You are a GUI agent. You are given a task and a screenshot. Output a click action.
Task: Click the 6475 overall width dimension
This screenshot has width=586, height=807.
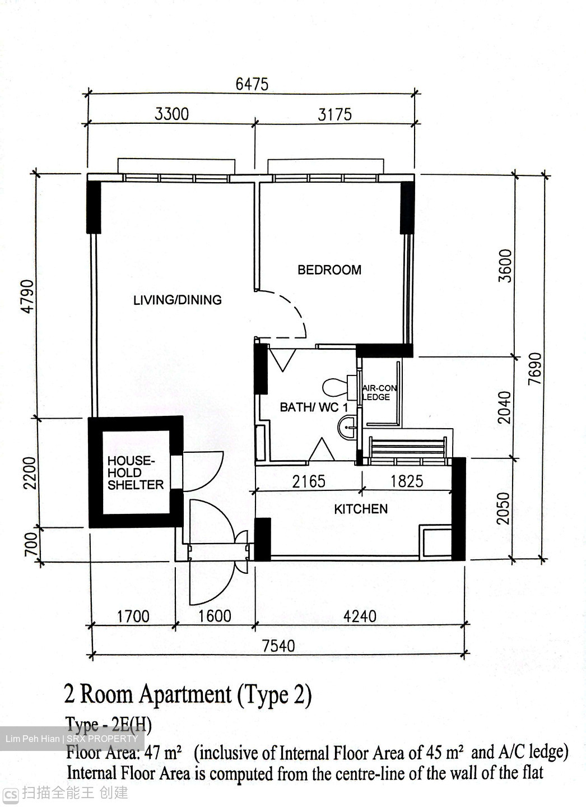[x=252, y=84]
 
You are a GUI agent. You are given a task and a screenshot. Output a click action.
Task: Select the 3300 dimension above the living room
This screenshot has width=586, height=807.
[x=171, y=114]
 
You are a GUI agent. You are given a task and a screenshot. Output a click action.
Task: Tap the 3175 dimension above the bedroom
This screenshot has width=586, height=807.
[x=334, y=114]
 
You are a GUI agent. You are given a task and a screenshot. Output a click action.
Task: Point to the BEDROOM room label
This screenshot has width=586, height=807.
[x=329, y=270]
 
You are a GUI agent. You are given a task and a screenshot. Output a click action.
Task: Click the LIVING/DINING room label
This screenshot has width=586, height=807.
[x=177, y=300]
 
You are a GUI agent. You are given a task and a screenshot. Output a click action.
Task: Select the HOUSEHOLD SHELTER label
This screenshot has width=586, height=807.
[x=135, y=472]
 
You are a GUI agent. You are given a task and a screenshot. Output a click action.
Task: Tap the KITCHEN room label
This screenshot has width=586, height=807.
[x=361, y=509]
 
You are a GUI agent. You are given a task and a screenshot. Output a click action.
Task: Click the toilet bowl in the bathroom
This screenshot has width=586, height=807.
[x=336, y=387]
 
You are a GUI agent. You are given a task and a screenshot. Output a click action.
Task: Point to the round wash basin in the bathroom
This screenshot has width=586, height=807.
[x=347, y=429]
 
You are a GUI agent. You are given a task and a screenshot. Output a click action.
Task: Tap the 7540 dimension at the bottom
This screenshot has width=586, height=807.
[x=278, y=646]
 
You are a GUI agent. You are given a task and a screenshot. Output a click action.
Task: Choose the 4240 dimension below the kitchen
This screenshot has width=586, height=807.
[x=359, y=616]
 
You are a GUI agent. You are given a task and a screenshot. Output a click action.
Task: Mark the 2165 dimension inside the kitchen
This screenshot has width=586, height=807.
[x=308, y=481]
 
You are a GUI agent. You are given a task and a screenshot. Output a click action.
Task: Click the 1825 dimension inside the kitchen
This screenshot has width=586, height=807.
[x=406, y=481]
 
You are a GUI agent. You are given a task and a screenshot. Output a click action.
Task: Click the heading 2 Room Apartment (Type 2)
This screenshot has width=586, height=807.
[x=188, y=694]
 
